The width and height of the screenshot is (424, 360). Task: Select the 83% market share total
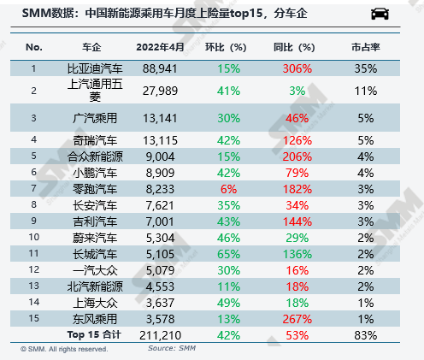coord(366,333)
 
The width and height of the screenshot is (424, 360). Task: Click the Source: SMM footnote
coord(173,347)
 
